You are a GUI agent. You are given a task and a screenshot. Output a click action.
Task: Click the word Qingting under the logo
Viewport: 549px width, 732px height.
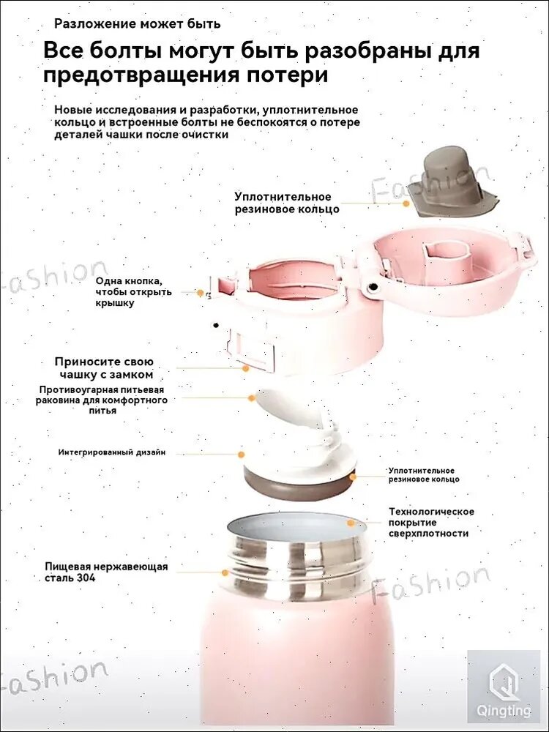click(504, 711)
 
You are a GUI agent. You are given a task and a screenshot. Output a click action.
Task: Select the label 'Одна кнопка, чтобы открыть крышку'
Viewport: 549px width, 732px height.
click(134, 292)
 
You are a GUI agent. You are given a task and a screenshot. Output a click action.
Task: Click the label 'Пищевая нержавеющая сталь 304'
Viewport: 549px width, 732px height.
click(106, 572)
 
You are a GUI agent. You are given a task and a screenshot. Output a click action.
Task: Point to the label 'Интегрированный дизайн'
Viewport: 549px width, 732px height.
click(112, 452)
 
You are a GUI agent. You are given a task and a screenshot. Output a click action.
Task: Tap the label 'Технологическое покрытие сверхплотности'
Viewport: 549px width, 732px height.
click(431, 522)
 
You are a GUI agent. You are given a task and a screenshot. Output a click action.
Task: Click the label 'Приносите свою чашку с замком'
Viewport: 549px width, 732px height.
click(104, 367)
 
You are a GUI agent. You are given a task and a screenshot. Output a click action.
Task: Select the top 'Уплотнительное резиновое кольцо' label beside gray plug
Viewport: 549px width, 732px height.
click(286, 203)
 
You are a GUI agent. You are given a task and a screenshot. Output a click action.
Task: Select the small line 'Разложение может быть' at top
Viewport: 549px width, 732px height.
click(137, 23)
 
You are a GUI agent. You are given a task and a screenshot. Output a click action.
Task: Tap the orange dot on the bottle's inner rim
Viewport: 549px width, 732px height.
click(351, 523)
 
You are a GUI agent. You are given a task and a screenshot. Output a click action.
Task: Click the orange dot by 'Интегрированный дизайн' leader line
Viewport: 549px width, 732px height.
click(242, 453)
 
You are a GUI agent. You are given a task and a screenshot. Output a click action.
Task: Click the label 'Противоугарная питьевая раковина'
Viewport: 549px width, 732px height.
click(102, 400)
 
